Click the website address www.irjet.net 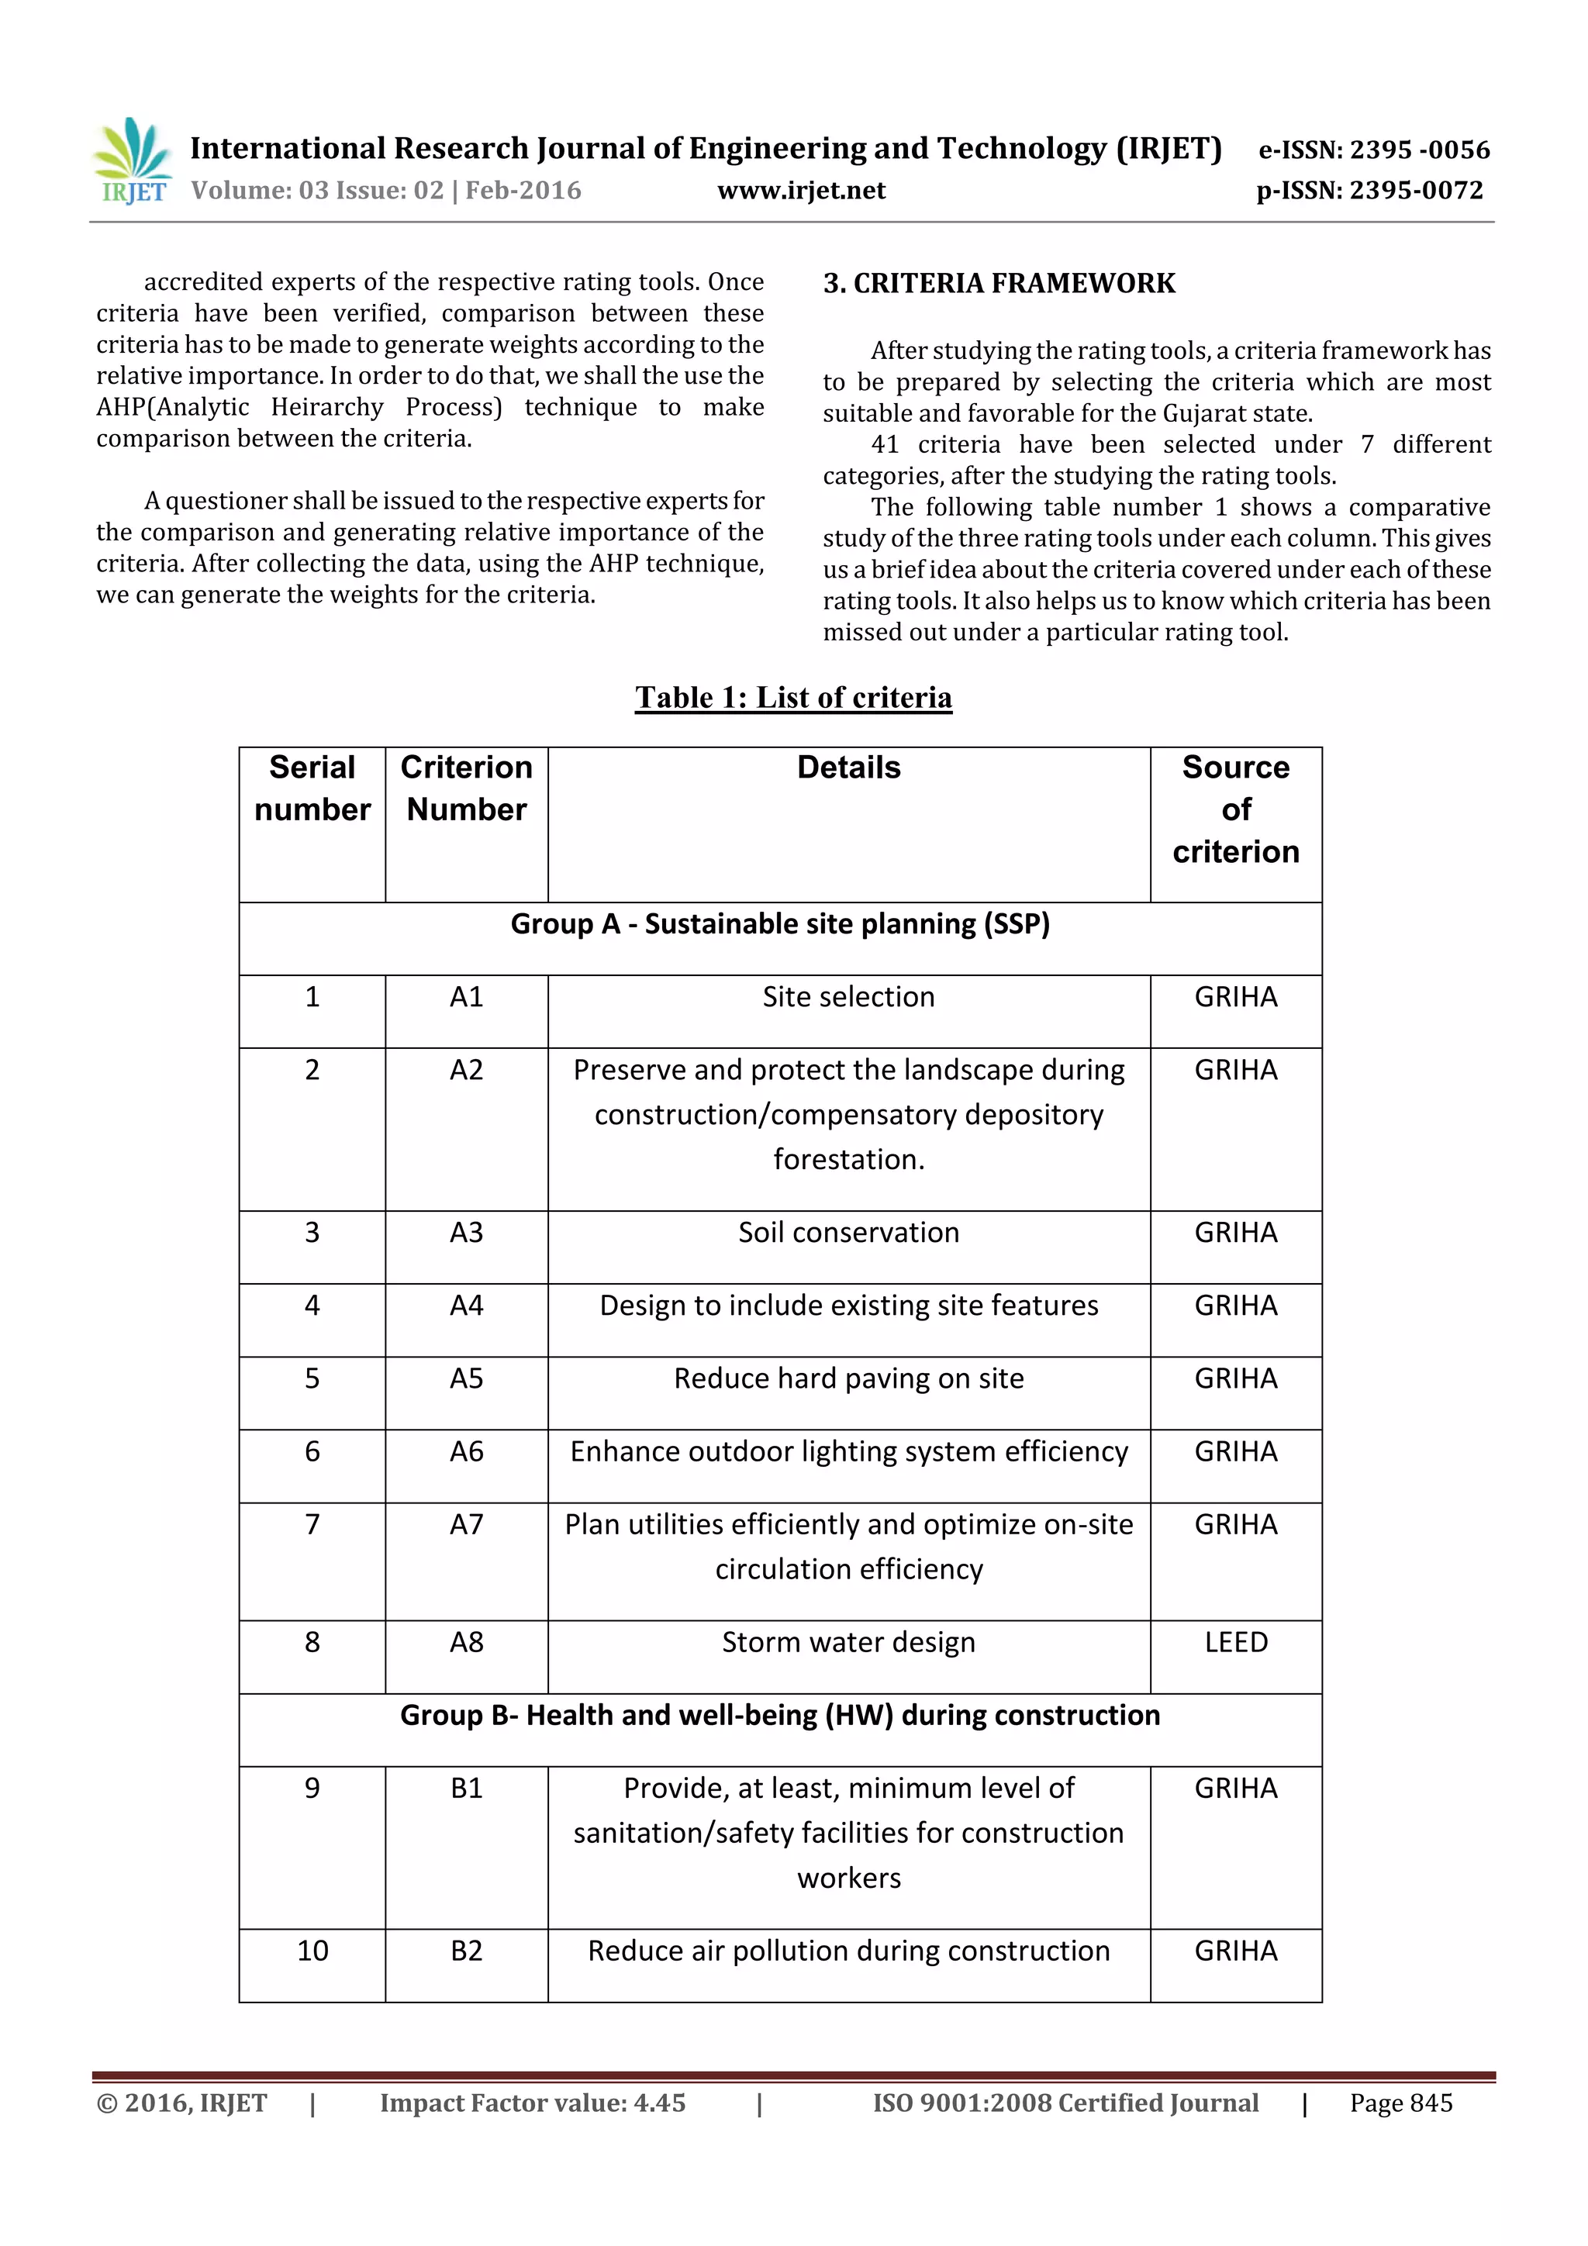click(x=800, y=191)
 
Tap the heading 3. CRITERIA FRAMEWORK click(x=998, y=284)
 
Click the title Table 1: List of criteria click(x=792, y=698)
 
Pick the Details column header click(x=848, y=768)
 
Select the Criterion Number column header click(x=466, y=788)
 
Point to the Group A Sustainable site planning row click(x=780, y=924)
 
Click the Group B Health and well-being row click(x=780, y=1715)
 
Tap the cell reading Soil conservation click(x=848, y=1233)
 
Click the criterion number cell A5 click(x=466, y=1378)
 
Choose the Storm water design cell click(x=848, y=1642)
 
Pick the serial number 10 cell click(x=312, y=1951)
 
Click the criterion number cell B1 click(x=466, y=1788)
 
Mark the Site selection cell click(x=848, y=997)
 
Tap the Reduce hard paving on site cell click(x=848, y=1378)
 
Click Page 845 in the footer click(x=1400, y=2103)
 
